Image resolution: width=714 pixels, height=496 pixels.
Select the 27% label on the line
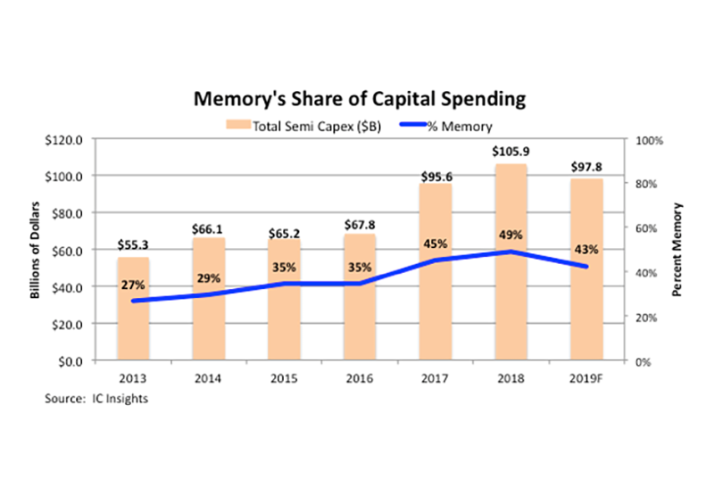pos(133,285)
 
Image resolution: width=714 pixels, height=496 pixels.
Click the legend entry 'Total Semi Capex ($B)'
pos(306,126)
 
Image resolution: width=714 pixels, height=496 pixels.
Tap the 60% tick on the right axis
pos(646,228)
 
